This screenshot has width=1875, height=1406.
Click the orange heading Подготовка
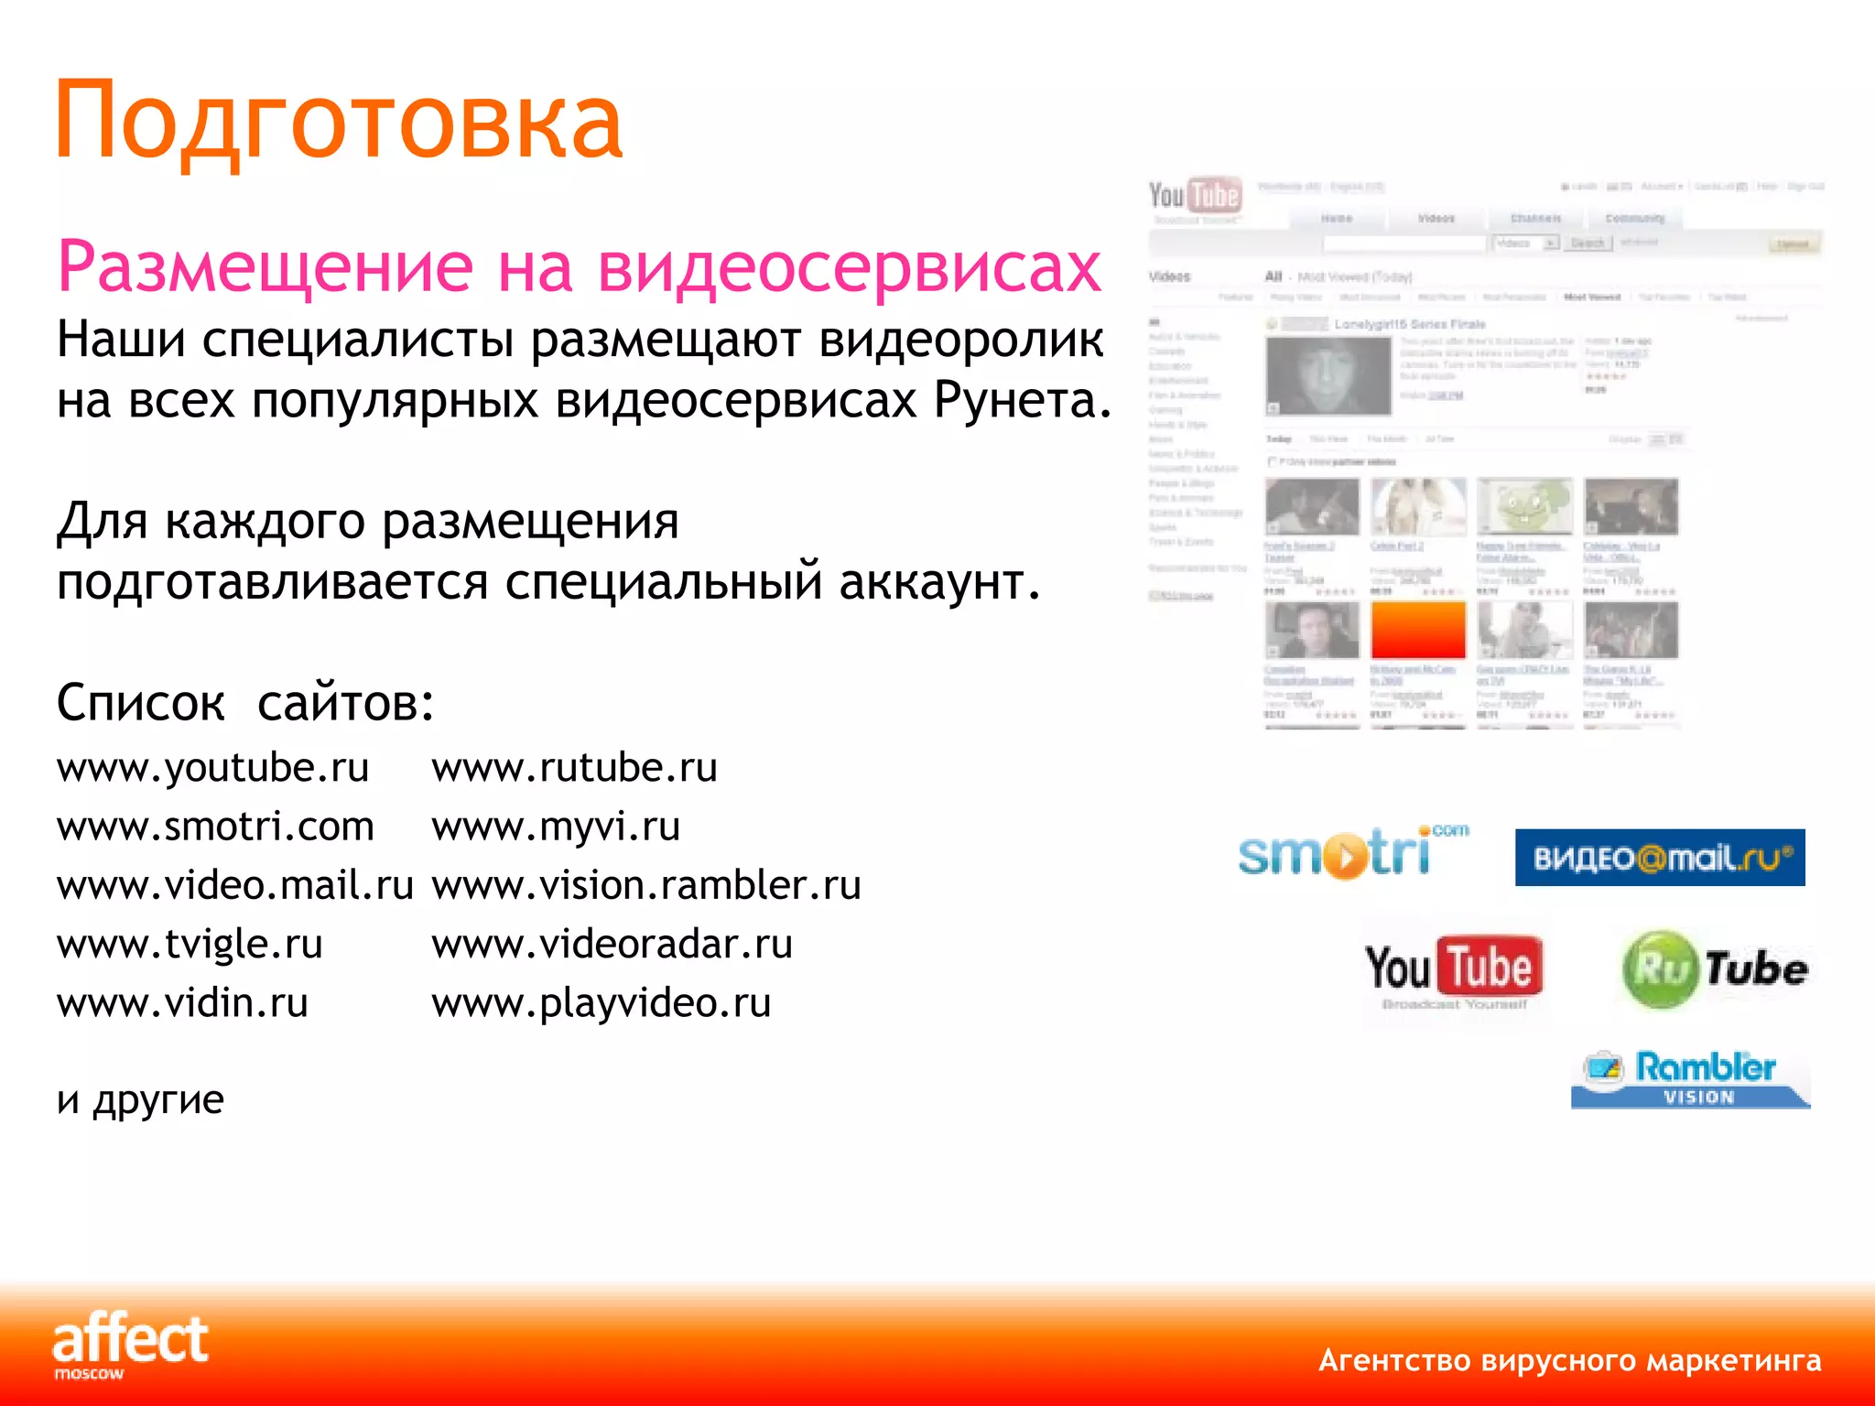(x=339, y=122)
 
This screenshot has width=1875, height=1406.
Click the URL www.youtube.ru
(x=212, y=768)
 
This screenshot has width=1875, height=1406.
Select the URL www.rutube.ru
(x=574, y=768)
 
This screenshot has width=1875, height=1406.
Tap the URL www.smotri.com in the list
(x=215, y=827)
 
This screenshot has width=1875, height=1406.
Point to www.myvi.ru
(x=556, y=827)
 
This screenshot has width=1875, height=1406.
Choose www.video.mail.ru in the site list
(x=235, y=885)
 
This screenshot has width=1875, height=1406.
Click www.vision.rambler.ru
(x=646, y=885)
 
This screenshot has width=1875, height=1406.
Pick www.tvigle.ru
(x=190, y=944)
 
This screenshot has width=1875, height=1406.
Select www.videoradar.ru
(x=612, y=944)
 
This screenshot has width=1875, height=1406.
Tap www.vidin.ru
(x=182, y=1003)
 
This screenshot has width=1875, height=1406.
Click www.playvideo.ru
(x=601, y=1003)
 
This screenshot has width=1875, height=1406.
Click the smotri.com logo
(x=1351, y=853)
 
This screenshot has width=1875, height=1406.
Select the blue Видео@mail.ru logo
(x=1659, y=858)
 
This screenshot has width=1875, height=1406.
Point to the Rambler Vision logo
(x=1690, y=1078)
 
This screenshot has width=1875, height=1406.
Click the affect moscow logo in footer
(x=130, y=1344)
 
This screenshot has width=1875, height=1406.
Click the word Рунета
(x=1022, y=401)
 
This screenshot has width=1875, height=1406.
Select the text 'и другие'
(x=140, y=1099)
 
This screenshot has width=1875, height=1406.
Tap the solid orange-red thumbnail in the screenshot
(x=1417, y=630)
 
